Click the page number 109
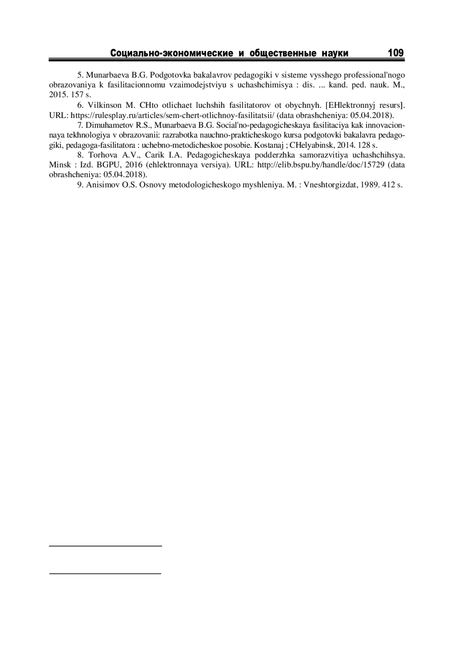click(396, 52)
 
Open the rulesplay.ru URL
click(172, 115)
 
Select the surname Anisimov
click(103, 185)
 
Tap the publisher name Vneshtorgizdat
click(330, 185)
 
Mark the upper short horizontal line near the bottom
click(105, 546)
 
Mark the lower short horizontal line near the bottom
click(105, 573)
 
